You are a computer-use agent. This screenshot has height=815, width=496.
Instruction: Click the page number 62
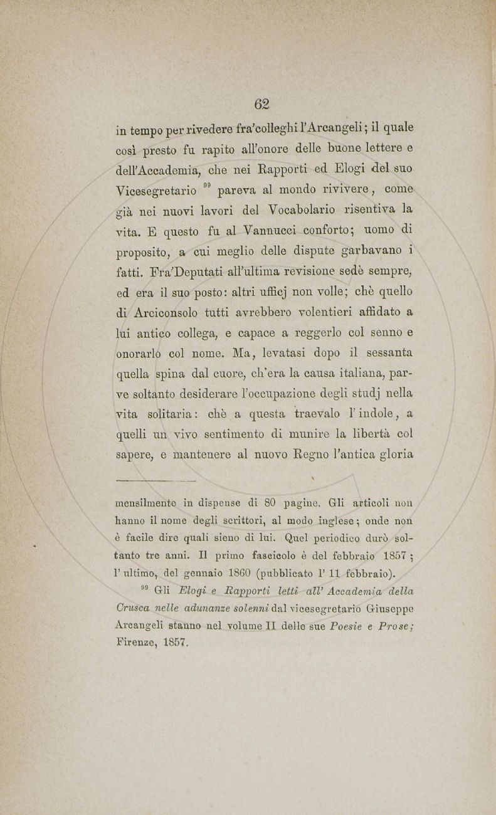[262, 104]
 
